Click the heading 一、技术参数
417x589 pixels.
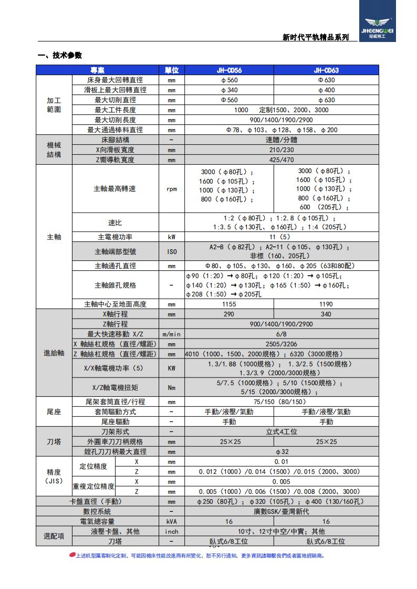coord(60,56)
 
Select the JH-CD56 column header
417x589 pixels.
coord(229,70)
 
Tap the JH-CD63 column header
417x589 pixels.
coord(326,70)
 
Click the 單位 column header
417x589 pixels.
coord(172,70)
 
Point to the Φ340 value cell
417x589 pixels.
coord(229,90)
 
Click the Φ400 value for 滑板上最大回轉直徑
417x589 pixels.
coord(326,90)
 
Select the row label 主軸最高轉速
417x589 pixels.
coord(114,188)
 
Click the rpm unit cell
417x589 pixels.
coord(172,188)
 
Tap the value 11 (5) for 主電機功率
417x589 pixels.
coord(281,237)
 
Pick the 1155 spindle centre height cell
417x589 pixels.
coord(229,304)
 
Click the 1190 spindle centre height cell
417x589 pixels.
coord(326,304)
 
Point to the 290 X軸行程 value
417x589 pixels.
coord(229,314)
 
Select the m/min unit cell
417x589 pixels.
coord(172,334)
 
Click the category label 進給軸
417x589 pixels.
coord(54,353)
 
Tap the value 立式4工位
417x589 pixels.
coord(281,432)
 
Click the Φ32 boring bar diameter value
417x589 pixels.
coord(281,451)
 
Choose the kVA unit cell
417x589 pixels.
coord(172,521)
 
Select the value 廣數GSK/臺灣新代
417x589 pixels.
coord(281,511)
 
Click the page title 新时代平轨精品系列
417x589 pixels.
coord(316,37)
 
